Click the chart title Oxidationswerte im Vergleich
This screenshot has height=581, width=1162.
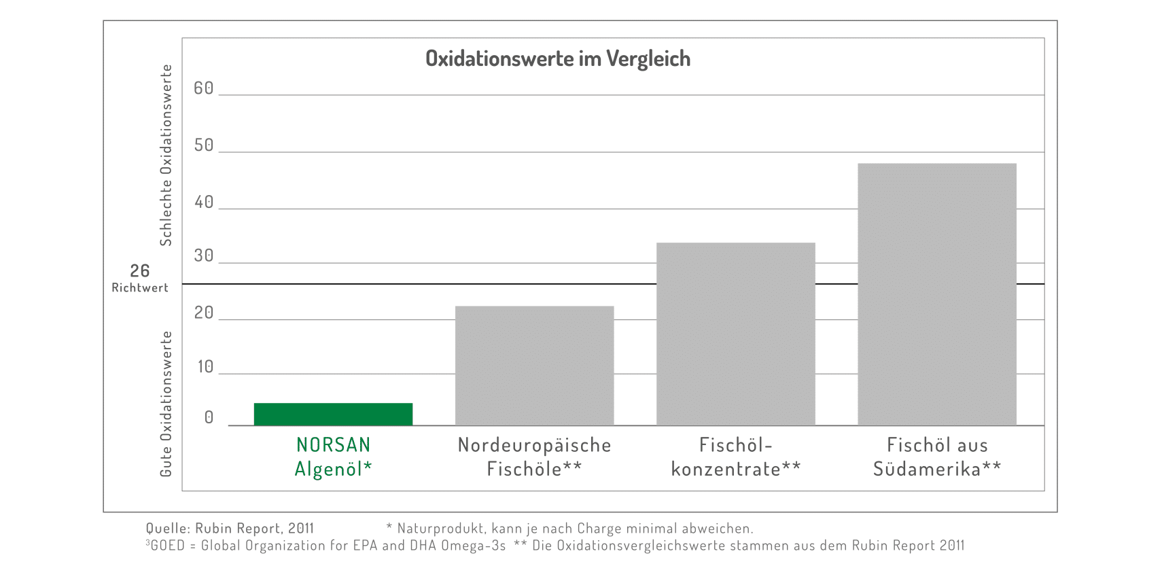557,59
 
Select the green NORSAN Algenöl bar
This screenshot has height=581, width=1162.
333,414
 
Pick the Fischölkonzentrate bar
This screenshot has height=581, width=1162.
735,334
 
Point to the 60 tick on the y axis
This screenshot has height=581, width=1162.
204,88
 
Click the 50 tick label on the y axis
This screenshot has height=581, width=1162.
204,145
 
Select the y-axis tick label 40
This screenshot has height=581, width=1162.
204,203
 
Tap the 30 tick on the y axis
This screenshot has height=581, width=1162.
204,256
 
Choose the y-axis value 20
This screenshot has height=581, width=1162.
204,313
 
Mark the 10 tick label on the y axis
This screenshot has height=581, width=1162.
205,367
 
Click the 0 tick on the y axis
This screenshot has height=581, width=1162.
209,418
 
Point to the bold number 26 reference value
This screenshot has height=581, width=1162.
140,271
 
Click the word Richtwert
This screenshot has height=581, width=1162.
140,288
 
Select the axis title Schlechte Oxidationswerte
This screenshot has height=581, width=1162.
166,155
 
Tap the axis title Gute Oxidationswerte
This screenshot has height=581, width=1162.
166,404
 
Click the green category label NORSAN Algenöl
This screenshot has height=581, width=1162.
333,457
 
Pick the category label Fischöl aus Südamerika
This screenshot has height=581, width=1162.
937,457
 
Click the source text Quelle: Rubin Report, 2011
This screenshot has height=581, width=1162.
230,529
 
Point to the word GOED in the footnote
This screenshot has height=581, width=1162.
167,546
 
